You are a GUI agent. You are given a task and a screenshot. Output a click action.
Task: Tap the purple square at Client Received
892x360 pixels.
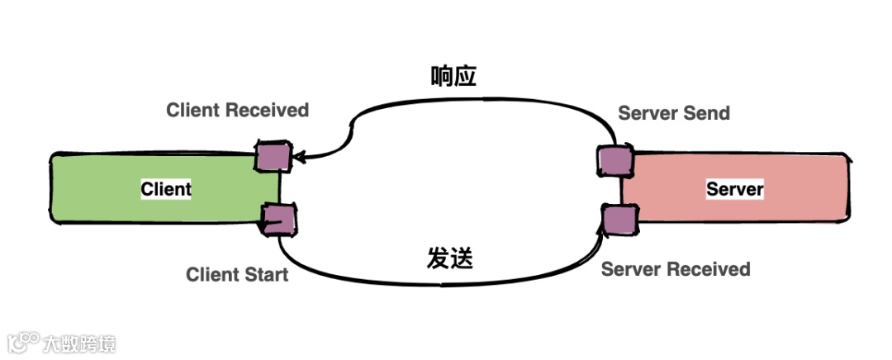coord(272,156)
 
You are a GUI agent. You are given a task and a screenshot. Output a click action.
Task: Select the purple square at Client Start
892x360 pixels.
coord(278,219)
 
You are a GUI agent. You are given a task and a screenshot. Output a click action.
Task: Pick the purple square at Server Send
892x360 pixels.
coord(612,160)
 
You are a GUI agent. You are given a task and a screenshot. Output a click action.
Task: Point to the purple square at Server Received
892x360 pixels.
coord(619,220)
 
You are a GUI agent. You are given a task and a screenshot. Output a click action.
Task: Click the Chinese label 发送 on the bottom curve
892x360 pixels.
coord(450,258)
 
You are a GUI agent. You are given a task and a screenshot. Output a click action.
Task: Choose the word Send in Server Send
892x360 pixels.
coord(707,113)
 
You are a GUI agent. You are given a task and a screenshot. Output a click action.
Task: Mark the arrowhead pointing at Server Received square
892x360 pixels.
coord(602,216)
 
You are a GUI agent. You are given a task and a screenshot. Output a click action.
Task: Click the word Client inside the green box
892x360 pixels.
coord(166,189)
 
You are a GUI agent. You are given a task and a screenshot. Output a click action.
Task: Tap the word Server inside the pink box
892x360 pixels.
coord(734,189)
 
